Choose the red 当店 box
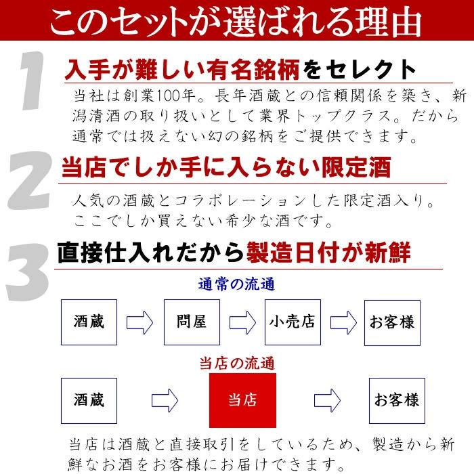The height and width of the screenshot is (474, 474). pos(242,399)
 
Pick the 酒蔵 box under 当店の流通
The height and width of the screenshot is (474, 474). pos(89,399)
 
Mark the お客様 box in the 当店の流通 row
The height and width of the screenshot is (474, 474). pos(395,399)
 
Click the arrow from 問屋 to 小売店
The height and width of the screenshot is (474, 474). pos(242,322)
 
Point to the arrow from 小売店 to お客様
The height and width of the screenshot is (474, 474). pos(343,322)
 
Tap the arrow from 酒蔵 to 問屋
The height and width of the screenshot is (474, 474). pos(139,322)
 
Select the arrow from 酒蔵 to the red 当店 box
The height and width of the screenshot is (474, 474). pos(164,400)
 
